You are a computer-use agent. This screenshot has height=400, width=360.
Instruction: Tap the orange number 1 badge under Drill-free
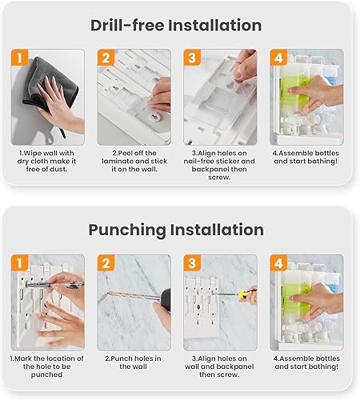coord(20,58)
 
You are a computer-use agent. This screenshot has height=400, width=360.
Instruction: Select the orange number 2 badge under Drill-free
coord(106,58)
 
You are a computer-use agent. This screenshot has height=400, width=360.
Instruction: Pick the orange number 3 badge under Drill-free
coord(192,58)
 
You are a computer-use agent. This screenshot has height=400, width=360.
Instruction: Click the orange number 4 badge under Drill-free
coord(278,58)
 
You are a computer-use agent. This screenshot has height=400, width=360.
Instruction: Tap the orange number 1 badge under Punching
coord(20,263)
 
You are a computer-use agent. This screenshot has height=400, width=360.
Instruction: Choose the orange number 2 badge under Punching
coord(106,263)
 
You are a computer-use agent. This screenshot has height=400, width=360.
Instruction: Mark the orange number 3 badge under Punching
coord(192,263)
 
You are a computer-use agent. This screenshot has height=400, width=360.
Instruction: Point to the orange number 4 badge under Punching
coord(278,263)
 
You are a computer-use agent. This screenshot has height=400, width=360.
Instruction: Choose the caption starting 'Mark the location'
coord(47,369)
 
